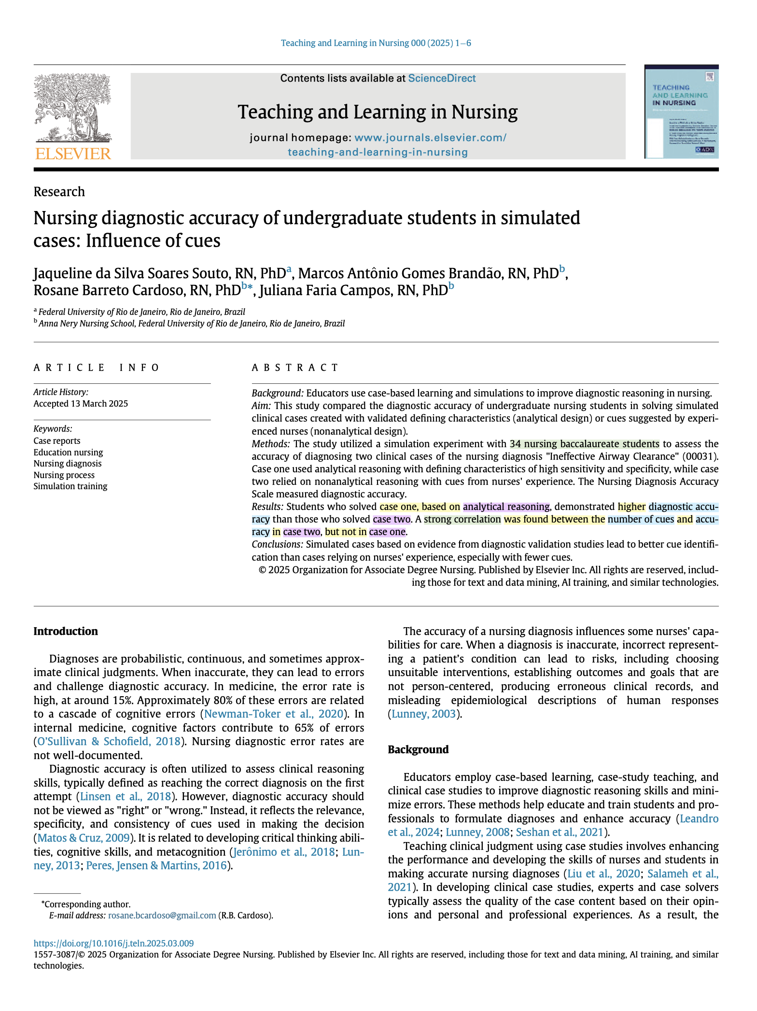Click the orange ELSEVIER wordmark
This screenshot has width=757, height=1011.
73,154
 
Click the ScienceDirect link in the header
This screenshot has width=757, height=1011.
442,78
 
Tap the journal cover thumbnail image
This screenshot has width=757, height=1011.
681,112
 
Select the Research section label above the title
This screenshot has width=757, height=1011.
59,192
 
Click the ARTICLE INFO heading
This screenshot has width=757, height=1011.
97,368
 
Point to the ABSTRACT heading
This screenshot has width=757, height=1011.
295,368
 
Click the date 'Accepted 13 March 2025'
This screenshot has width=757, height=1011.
81,404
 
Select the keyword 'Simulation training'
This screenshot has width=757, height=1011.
70,486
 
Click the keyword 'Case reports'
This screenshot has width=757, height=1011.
57,441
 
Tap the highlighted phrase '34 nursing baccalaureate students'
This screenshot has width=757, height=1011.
584,444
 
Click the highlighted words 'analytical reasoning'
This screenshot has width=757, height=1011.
506,506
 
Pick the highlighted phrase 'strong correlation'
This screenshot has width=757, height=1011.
462,519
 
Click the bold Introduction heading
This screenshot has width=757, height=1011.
66,632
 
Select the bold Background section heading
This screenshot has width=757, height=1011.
418,749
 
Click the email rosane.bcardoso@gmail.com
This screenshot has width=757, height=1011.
162,915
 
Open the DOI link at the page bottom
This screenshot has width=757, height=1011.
113,943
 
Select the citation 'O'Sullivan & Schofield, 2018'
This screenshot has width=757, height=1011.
109,741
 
